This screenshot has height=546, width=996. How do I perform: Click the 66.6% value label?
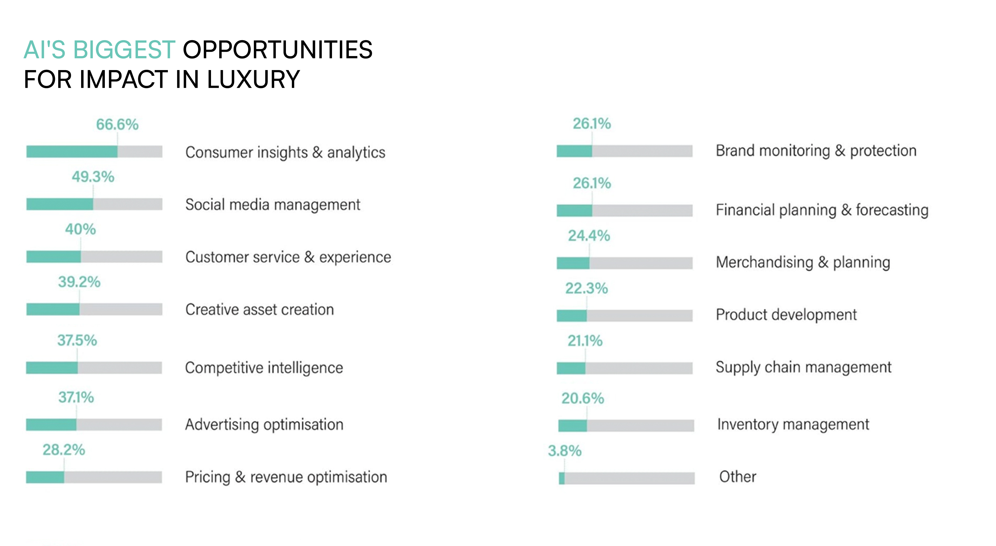117,125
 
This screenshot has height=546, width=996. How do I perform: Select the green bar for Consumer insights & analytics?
72,151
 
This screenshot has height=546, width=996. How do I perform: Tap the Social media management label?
273,205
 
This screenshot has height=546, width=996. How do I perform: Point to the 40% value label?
80,229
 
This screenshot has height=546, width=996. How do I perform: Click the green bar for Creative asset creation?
53,309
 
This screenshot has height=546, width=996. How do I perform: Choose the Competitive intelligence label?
264,368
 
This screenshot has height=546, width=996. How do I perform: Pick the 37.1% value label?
76,397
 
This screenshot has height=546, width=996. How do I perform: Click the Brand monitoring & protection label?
816,151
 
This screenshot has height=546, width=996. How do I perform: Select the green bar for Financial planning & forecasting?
574,211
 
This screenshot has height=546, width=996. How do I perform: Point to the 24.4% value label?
589,236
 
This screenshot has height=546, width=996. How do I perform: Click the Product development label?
786,315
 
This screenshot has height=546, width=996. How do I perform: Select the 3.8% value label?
565,451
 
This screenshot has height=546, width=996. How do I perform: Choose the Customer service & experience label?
288,257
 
